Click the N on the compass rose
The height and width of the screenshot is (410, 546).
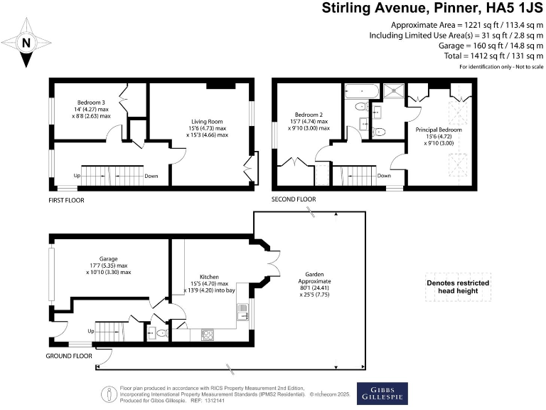click(x=26, y=43)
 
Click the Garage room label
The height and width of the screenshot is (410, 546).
click(x=109, y=259)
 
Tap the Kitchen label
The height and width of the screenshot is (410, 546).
click(x=208, y=277)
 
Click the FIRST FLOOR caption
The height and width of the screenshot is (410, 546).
click(x=66, y=201)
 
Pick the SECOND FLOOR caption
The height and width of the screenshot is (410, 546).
click(x=294, y=200)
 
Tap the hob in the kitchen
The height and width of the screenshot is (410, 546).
click(x=209, y=332)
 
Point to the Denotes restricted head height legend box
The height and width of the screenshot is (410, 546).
click(x=457, y=288)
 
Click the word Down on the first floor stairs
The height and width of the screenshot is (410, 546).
click(x=151, y=176)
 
